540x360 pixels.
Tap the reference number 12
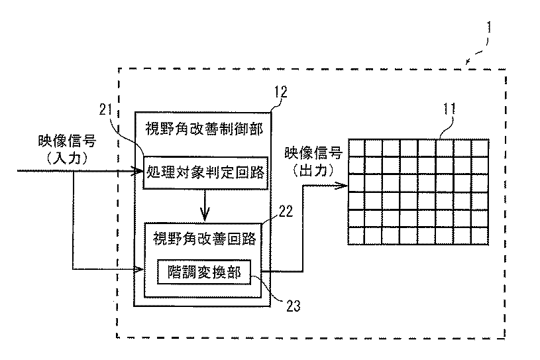[281, 92]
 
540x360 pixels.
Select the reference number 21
[106, 110]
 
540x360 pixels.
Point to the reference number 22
[286, 211]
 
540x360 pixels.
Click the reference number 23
[294, 306]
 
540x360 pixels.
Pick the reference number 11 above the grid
[449, 109]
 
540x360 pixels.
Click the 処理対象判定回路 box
[205, 172]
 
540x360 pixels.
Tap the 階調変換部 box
[204, 272]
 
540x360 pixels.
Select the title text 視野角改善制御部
[204, 129]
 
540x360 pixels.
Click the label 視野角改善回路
[205, 239]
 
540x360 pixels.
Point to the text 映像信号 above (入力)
[67, 141]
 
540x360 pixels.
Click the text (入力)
[68, 158]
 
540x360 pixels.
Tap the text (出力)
[313, 170]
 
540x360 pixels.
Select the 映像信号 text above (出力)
[313, 153]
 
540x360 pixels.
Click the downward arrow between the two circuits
[205, 206]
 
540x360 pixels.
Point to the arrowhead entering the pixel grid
[342, 186]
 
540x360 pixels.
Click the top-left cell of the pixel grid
[356, 148]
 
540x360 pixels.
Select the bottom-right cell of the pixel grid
[480, 236]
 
